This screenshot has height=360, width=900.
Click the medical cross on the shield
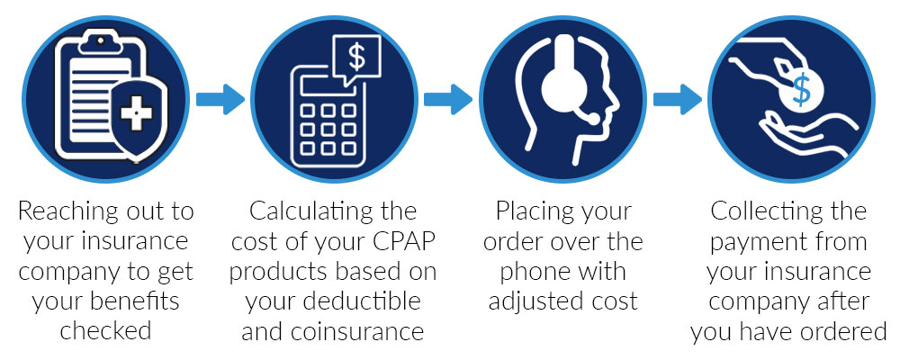[136, 113]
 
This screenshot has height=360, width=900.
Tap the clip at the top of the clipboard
[101, 42]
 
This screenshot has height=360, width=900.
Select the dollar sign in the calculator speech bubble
[356, 58]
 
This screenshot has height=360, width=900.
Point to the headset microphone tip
[593, 119]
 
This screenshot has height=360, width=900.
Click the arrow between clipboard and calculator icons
[220, 99]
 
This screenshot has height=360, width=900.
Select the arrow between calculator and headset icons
[448, 99]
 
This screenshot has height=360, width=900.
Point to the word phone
[533, 272]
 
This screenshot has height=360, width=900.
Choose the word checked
[105, 332]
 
